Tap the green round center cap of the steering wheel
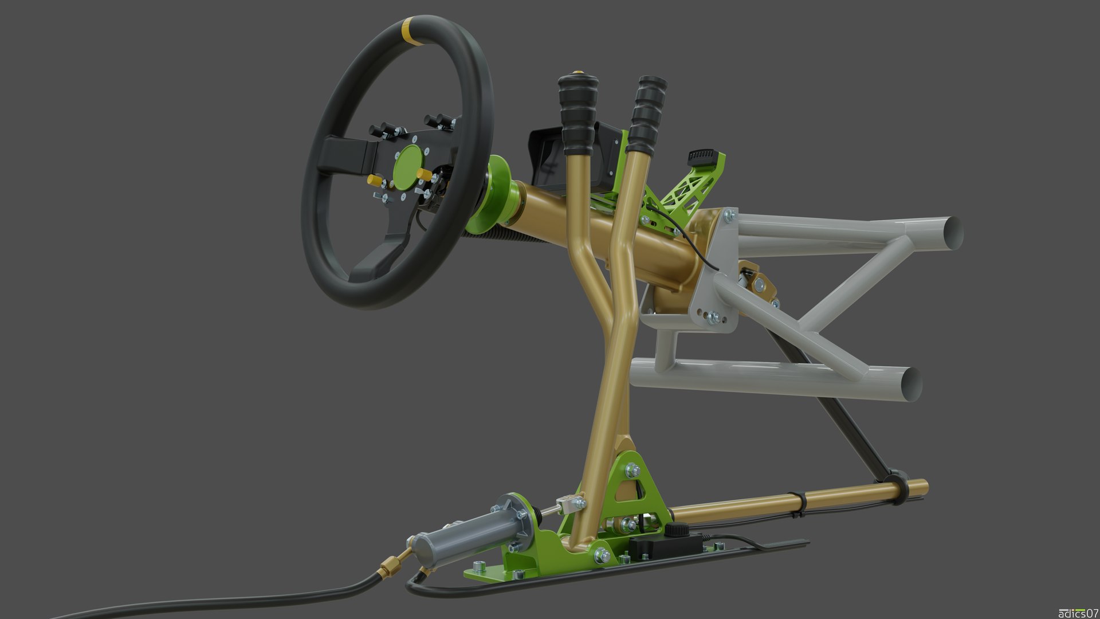407,167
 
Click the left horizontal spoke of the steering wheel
344,154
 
